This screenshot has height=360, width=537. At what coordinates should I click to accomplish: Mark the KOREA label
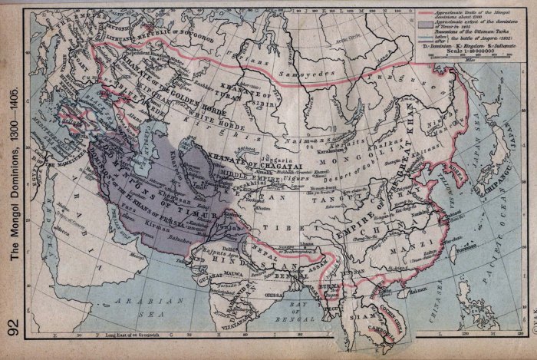point(458,175)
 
